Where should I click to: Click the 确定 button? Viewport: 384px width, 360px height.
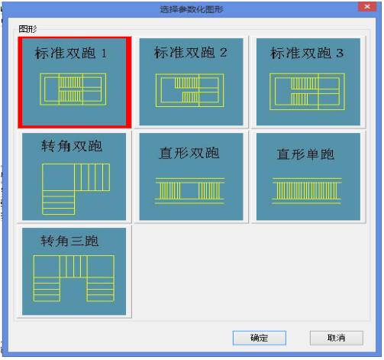pos(260,338)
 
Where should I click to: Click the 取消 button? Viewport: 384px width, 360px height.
pos(336,338)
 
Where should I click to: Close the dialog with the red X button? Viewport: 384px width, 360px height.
pos(367,7)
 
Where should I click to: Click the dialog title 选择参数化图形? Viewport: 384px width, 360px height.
pos(192,9)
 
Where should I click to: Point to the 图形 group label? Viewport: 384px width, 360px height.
pos(27,29)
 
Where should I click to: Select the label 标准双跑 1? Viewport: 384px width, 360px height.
pos(71,53)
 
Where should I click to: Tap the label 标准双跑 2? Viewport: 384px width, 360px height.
pos(190,53)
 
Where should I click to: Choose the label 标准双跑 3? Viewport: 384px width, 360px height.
pos(307,53)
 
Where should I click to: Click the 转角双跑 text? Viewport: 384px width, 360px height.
pos(72,146)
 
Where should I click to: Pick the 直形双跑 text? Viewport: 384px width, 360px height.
pos(189,153)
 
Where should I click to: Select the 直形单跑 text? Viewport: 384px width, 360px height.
pos(305,154)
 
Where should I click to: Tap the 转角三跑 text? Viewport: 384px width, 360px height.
pos(69,241)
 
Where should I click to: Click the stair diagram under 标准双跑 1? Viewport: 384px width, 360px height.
pos(73,89)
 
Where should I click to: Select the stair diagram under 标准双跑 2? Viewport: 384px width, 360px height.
pos(190,90)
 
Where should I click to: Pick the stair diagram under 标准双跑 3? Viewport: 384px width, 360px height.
pos(308,92)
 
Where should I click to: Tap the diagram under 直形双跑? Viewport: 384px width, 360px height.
pos(190,191)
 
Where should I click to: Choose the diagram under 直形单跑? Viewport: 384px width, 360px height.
pos(307,191)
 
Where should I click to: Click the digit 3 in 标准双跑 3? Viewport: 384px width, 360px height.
pos(340,53)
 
